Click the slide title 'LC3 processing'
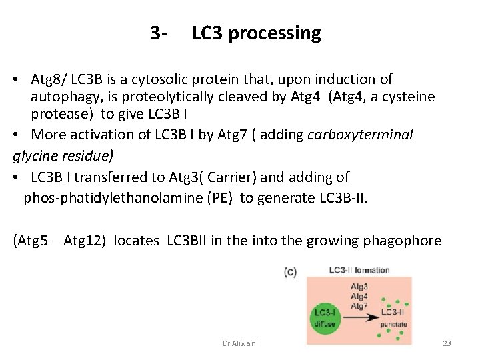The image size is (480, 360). click(x=256, y=33)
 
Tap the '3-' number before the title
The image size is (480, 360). click(x=159, y=33)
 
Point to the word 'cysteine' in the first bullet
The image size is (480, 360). click(x=409, y=97)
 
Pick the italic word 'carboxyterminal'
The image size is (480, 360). click(x=360, y=135)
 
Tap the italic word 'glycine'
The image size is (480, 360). click(x=37, y=156)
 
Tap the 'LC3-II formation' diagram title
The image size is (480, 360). click(x=359, y=270)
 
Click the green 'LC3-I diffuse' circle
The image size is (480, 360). click(x=325, y=316)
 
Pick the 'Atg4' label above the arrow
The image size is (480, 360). click(x=359, y=296)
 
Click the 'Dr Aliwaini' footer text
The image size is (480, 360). click(x=240, y=343)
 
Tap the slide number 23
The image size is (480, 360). click(x=447, y=343)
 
